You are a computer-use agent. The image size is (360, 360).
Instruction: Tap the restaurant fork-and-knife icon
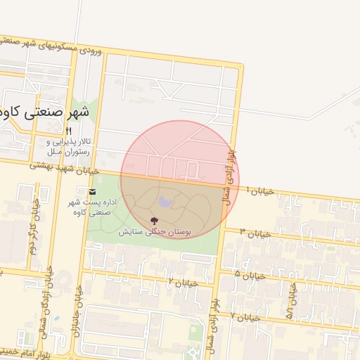coord(68,131)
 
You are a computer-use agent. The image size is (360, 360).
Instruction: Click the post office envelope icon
coord(91,191)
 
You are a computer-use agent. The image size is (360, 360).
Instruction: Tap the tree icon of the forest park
coord(154,221)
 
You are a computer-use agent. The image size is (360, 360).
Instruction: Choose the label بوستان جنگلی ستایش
coord(164,231)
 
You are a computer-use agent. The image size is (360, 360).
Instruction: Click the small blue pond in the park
coord(165,202)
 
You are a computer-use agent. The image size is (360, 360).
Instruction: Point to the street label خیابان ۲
coord(180,281)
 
